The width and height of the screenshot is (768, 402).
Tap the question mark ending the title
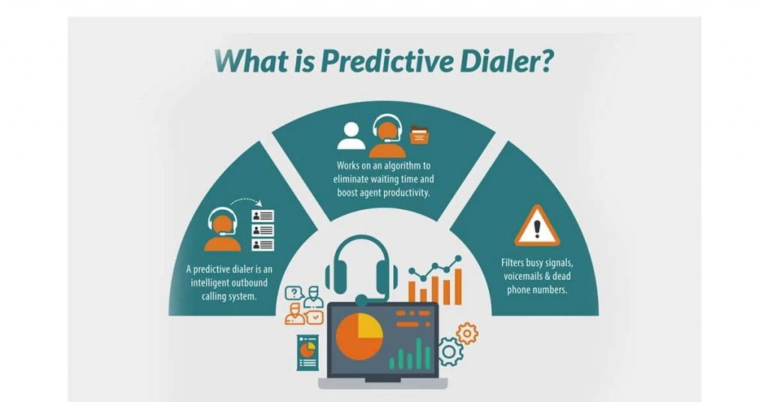click(545, 61)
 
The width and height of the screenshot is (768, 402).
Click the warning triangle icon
click(537, 226)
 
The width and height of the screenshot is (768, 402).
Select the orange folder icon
click(419, 135)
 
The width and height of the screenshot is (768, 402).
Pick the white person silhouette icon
click(351, 136)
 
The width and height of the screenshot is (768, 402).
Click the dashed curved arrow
click(246, 202)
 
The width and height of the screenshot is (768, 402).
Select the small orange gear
click(467, 334)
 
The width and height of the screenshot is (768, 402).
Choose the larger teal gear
click(450, 352)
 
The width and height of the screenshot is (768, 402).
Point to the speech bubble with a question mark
click(294, 292)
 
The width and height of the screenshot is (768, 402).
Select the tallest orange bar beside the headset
click(458, 286)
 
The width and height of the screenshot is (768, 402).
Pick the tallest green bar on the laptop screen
click(418, 353)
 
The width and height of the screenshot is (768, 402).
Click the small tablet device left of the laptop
click(307, 352)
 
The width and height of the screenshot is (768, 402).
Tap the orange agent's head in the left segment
click(222, 225)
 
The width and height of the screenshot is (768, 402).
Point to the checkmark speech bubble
click(314, 317)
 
